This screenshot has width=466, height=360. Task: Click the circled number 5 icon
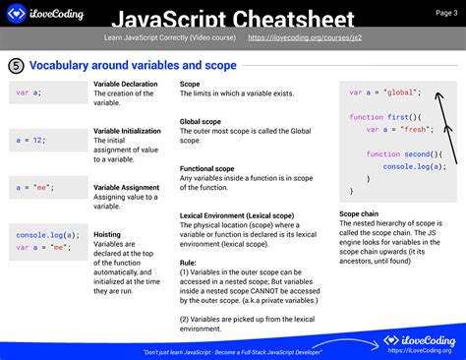pyautogui.click(x=17, y=66)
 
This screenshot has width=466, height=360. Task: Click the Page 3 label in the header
pyautogui.click(x=446, y=13)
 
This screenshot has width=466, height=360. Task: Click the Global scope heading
pyautogui.click(x=204, y=122)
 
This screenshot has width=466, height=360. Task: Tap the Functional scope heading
pyautogui.click(x=207, y=168)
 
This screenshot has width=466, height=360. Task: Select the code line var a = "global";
pyautogui.click(x=384, y=91)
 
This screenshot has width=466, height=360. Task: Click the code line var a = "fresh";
pyautogui.click(x=393, y=129)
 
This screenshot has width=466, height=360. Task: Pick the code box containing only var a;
pyautogui.click(x=48, y=93)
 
